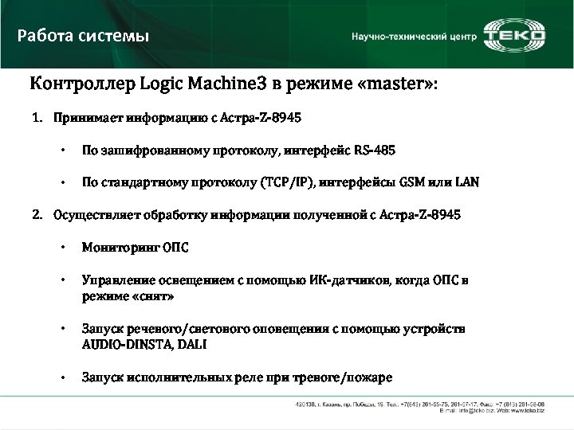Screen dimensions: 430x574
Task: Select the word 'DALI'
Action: point(191,344)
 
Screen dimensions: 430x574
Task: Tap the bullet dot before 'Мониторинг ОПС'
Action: point(62,247)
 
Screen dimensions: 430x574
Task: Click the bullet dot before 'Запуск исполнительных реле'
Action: point(62,377)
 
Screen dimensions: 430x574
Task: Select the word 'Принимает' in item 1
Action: point(84,119)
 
